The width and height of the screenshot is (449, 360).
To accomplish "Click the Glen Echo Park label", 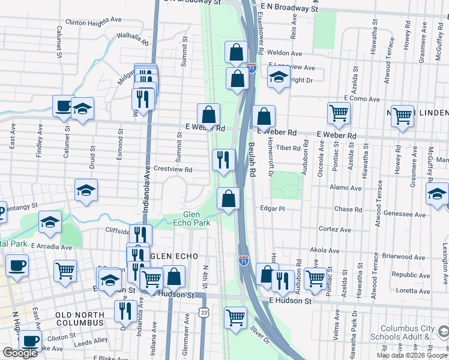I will coord(196,219).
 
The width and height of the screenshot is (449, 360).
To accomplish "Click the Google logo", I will coord(20,353).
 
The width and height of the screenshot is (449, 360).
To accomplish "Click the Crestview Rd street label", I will coord(172,170).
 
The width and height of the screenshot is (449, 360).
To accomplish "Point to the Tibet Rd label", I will coord(288,147).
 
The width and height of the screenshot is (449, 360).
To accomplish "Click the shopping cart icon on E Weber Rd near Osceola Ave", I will coord(339,112).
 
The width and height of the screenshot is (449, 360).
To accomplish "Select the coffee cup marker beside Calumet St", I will coord(63,106).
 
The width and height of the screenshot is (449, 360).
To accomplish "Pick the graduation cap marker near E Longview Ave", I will coord(279,77).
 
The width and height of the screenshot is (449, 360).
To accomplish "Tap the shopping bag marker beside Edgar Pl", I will coord(229,198).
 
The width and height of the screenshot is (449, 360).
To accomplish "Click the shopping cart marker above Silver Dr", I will coord(235,316).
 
